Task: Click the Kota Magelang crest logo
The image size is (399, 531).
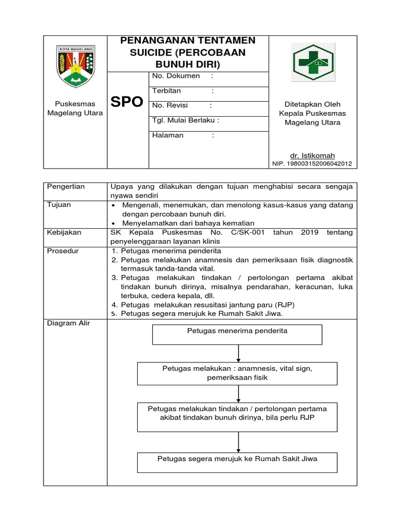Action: pos(75,66)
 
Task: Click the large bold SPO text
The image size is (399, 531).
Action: pos(127,102)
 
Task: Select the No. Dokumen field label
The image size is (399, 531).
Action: pos(176,76)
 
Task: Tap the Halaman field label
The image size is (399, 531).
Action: pos(168,135)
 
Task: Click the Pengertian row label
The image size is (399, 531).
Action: pos(66,186)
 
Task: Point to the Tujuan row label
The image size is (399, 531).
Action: pos(59,205)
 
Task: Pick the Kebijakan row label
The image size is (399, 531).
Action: pos(63,233)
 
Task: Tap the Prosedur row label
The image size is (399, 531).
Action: pos(62,251)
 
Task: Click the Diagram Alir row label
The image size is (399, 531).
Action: pos(69,323)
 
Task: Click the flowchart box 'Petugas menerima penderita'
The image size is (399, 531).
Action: pos(237,334)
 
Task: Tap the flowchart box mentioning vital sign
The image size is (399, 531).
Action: pos(237,373)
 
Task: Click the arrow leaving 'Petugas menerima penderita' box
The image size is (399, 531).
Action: pos(238,353)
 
